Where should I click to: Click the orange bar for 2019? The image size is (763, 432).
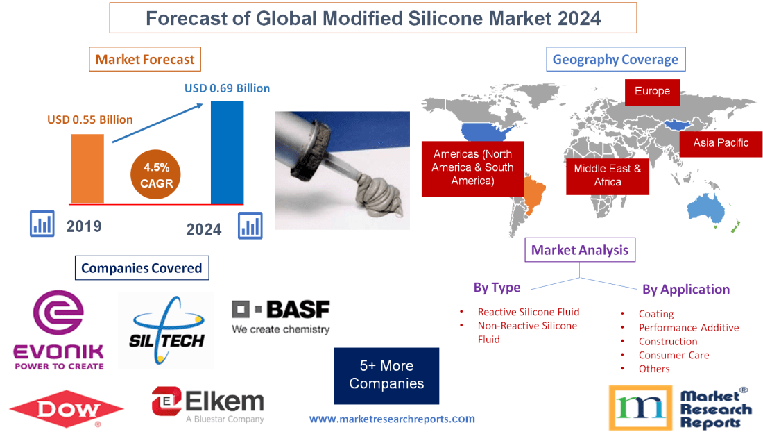87,169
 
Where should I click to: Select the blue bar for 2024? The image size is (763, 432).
227,152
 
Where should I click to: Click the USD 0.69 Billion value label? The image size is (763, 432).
227,88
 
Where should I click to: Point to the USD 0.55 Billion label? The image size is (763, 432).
90,119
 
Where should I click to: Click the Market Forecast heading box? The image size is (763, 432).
145,59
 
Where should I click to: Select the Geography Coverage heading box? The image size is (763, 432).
615,59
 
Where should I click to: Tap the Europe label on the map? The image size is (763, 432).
652,92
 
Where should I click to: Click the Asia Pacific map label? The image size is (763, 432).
721,143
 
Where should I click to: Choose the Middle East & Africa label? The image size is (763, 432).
607,175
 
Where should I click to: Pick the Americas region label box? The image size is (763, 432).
472,167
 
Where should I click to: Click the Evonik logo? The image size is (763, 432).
59,330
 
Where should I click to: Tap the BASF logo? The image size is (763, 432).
281,317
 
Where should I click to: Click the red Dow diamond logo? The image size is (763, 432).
67,408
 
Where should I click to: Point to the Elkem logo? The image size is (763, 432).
207,404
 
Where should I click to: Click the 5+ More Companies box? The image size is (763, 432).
386,375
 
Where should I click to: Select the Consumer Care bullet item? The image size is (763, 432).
674,355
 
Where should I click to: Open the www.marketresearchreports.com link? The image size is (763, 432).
392,419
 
